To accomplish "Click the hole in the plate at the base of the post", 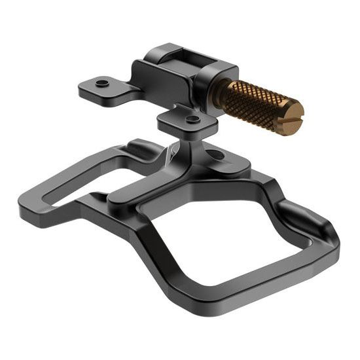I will point(213,155).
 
